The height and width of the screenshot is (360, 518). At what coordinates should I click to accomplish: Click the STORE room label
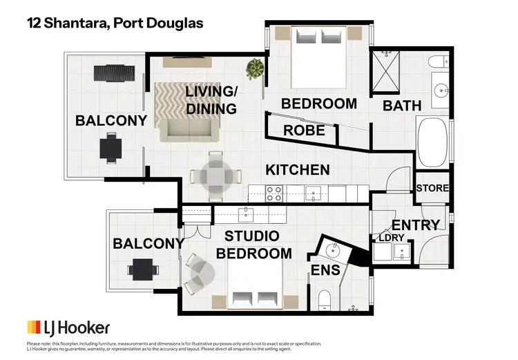click(432, 188)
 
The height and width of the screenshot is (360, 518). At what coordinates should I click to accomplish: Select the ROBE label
click(305, 130)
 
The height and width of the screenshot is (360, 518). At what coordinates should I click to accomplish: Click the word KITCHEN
click(298, 169)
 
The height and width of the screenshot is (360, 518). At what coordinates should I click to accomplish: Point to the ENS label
click(326, 269)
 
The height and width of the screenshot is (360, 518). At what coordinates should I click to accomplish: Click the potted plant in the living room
click(255, 68)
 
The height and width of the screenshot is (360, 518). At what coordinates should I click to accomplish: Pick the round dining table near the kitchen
click(215, 176)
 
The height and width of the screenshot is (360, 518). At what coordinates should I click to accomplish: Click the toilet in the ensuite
click(325, 299)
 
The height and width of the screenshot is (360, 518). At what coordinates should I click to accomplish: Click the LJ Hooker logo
click(68, 327)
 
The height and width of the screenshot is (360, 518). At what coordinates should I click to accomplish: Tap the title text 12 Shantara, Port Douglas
click(115, 23)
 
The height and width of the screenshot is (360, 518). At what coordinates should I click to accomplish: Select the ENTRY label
click(415, 225)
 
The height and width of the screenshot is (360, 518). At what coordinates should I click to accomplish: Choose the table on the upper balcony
click(111, 148)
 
